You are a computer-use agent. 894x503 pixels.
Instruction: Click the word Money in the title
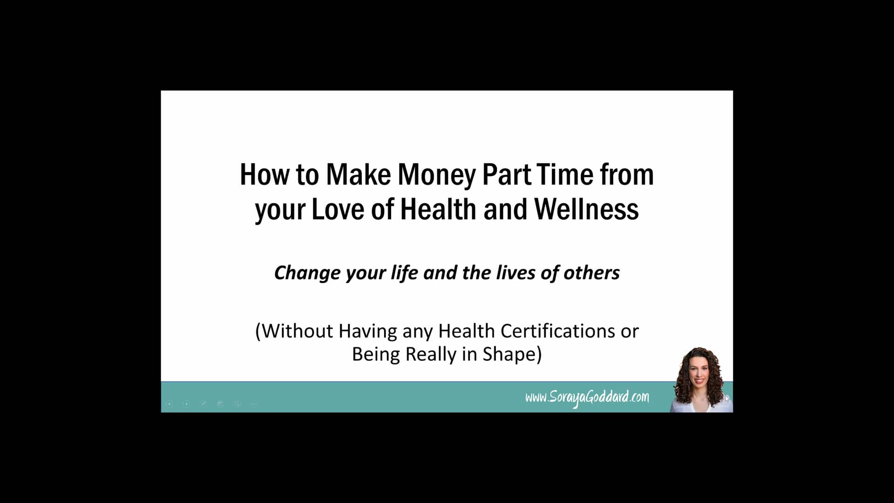437,175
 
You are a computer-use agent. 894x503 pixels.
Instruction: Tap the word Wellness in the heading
586,210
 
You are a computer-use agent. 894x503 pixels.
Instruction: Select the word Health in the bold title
438,210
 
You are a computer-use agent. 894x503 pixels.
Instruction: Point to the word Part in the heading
506,175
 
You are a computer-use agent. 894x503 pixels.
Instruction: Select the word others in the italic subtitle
591,273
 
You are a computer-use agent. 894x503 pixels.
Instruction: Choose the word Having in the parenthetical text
368,331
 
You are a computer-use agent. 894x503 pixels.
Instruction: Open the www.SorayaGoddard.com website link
587,397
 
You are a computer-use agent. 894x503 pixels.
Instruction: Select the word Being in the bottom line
376,354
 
